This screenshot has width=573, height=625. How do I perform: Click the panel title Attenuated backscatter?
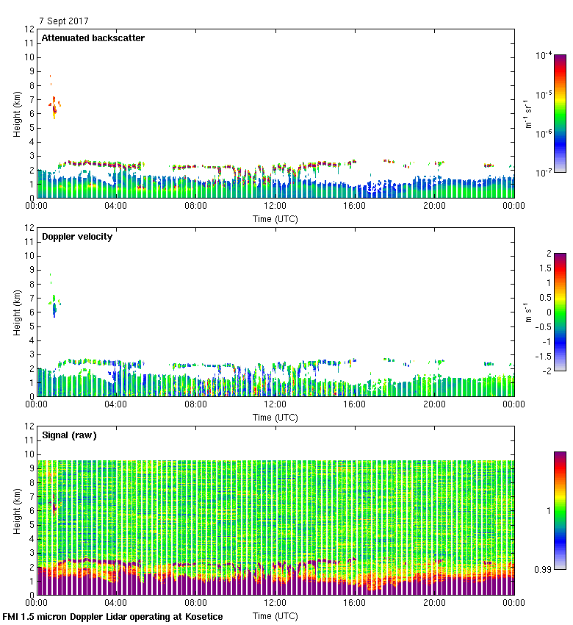[93, 38]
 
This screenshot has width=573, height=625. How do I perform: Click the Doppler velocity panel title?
[77, 237]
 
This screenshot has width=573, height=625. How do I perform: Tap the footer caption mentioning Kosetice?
[112, 616]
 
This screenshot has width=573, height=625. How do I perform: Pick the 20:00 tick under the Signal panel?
[434, 604]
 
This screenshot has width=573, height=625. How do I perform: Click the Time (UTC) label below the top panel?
[275, 218]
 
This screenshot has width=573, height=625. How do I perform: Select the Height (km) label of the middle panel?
[16, 312]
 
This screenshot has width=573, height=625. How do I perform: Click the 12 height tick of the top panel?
[30, 29]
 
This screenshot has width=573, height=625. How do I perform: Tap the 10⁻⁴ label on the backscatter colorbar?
[544, 55]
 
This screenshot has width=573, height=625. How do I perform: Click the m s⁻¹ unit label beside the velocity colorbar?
[528, 312]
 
